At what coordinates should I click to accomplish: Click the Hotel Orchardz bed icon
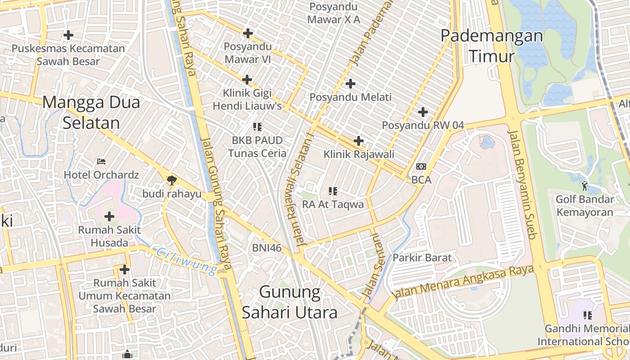tap(101, 161)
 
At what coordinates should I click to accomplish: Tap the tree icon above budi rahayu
tap(171, 180)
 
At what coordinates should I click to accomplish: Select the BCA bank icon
tap(421, 166)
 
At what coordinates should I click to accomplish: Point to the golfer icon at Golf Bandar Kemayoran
tap(585, 185)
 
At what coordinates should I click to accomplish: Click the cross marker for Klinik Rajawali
tap(359, 141)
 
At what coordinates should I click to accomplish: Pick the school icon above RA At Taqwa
tap(333, 191)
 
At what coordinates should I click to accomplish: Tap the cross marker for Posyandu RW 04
tap(423, 112)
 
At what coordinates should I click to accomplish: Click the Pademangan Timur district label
tap(491, 46)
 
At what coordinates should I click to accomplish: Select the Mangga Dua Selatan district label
tap(91, 112)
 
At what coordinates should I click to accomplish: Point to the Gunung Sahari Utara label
tap(290, 302)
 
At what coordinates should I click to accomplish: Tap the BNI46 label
tap(267, 247)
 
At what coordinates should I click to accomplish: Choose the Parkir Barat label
tap(422, 258)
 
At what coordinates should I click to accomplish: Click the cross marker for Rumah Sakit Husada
tap(109, 216)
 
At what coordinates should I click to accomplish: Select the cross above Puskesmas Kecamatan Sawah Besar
tap(68, 35)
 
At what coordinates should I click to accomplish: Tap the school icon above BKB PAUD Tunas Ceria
tap(257, 127)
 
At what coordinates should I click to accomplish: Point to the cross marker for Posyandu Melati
tap(351, 83)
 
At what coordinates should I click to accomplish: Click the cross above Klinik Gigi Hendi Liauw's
tap(247, 80)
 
